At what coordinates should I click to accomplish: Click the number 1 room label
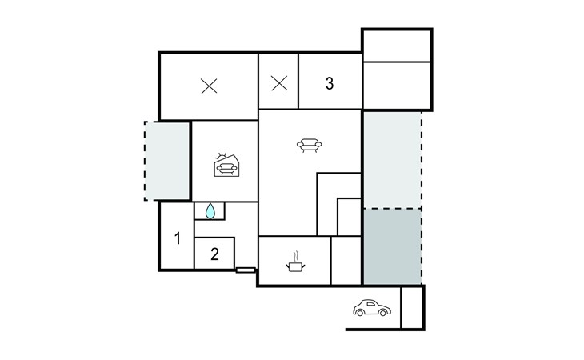[x=178, y=238]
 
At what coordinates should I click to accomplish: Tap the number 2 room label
[x=214, y=254]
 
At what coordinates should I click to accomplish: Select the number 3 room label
[x=330, y=83]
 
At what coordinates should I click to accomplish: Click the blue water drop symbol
[x=210, y=210]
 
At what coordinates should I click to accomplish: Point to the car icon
[x=372, y=307]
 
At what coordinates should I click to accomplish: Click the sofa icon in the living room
[x=309, y=145]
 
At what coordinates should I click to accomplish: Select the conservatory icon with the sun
[x=226, y=165]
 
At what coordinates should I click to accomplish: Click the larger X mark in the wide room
[x=209, y=86]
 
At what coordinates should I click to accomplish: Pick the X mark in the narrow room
[x=279, y=83]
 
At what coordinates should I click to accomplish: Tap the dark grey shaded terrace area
[x=392, y=246]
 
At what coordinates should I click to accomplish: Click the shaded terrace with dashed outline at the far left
[x=167, y=161]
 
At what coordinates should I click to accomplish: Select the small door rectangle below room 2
[x=246, y=270]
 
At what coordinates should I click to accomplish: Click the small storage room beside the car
[x=412, y=307]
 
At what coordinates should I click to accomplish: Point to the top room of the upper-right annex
[x=397, y=46]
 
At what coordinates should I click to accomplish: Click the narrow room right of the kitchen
[x=346, y=260]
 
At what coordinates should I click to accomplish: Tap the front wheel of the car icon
[x=382, y=313]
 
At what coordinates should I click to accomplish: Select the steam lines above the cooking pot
[x=296, y=256]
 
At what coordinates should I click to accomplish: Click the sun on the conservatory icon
[x=222, y=157]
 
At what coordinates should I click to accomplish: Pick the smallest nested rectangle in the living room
[x=350, y=217]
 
